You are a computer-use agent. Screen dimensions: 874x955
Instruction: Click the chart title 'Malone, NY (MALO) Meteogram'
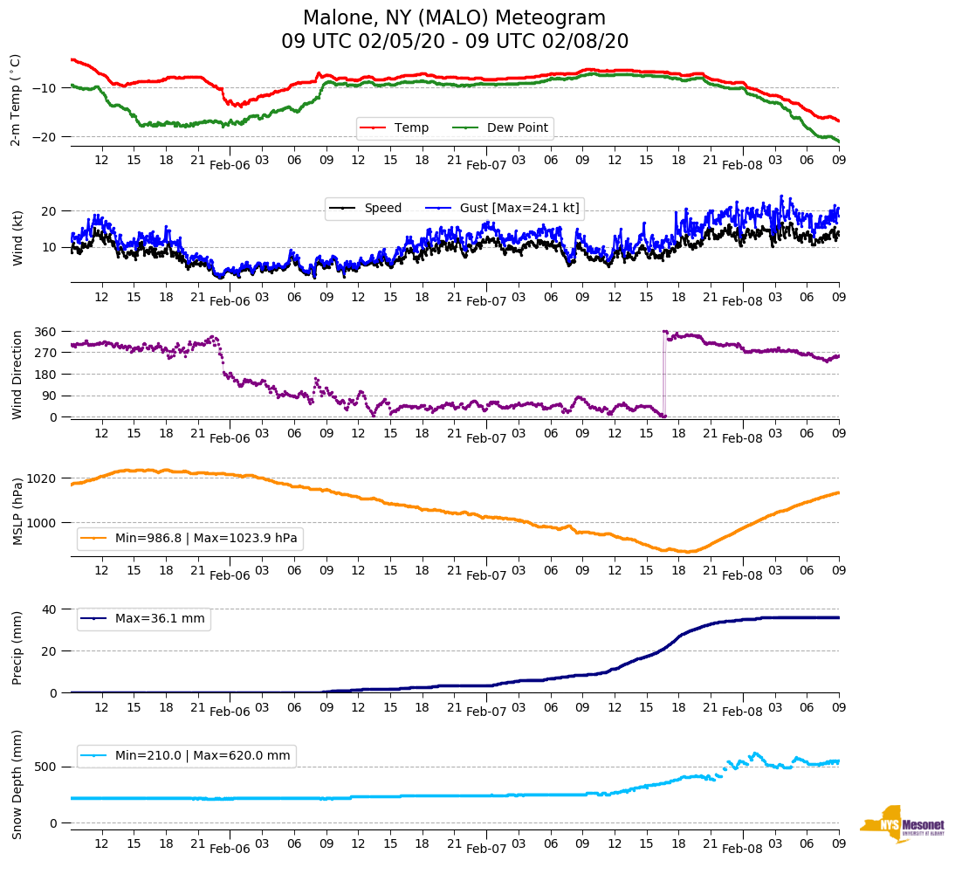454,18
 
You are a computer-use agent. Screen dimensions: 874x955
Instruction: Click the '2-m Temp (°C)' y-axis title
15,100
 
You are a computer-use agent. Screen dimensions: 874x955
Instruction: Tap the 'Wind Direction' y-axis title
17,375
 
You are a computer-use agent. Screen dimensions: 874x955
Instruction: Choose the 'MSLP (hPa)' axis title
17,512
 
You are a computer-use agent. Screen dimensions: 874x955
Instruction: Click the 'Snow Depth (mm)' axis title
17,783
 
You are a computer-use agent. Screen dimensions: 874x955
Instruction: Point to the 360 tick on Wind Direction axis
45,332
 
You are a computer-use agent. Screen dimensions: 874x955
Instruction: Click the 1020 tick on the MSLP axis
43,479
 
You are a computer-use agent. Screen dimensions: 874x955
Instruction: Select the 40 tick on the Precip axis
51,609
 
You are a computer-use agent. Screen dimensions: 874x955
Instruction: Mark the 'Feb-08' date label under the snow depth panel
742,849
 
